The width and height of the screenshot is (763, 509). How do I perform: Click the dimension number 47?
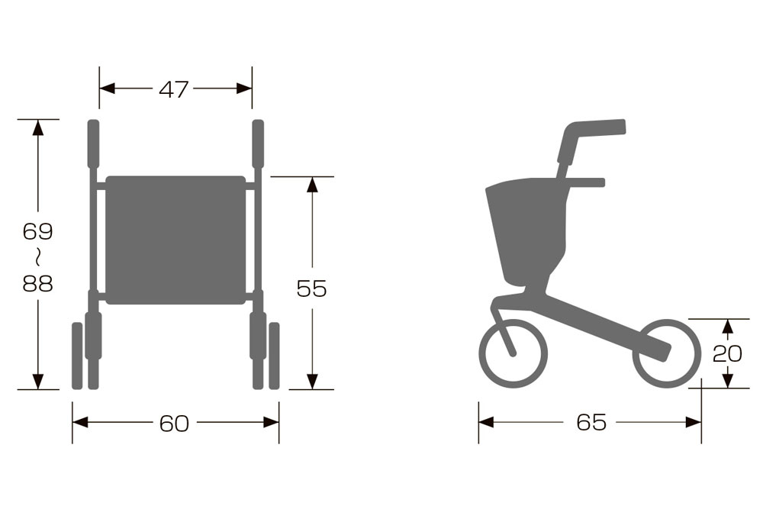click(x=173, y=89)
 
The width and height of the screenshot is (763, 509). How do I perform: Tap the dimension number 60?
click(x=174, y=424)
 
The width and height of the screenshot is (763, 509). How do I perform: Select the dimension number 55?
click(x=311, y=288)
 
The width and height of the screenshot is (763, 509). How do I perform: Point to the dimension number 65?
click(x=591, y=422)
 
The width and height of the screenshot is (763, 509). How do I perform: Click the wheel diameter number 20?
click(x=727, y=354)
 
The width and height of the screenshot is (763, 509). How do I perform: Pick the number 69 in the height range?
click(x=37, y=232)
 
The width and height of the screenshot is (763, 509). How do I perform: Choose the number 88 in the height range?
click(x=37, y=283)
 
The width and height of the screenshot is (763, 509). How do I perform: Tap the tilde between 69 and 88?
click(x=37, y=257)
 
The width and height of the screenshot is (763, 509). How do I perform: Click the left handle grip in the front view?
click(x=93, y=143)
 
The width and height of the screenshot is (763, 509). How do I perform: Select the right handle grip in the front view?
click(x=259, y=143)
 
